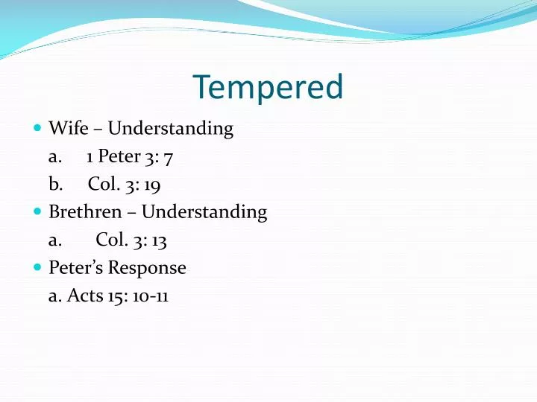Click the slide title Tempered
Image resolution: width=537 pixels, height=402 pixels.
268,88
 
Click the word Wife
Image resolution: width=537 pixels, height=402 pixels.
65,128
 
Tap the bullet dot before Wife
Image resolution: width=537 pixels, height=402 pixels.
38,129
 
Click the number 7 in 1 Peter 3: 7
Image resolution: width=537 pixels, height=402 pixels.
170,157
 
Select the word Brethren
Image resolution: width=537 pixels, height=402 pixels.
84,211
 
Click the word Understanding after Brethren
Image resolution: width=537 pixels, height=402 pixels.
204,212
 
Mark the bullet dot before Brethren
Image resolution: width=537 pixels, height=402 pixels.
38,212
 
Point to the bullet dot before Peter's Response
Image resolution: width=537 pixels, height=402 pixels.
38,267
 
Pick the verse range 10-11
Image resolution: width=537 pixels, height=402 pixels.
148,296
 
